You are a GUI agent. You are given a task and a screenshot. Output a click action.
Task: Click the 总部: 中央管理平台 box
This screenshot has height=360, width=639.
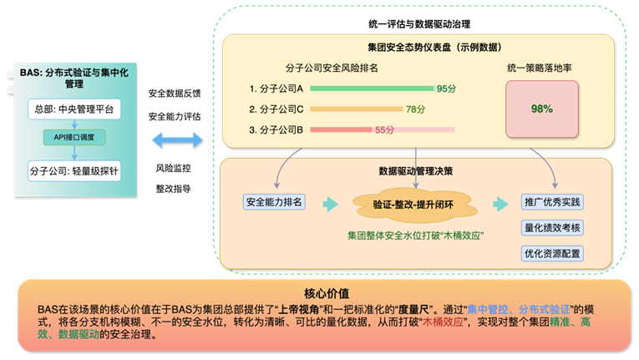click(x=74, y=109)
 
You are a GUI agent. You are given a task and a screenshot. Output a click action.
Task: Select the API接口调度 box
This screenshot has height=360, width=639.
click(x=74, y=135)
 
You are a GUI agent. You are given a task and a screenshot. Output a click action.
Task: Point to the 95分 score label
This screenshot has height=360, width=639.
click(x=446, y=88)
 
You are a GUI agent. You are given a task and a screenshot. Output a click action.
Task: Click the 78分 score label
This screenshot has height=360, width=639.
click(x=416, y=109)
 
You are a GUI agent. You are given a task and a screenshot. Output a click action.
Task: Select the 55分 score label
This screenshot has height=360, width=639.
click(x=384, y=129)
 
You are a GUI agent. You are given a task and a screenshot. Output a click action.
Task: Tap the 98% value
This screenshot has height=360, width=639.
click(x=541, y=109)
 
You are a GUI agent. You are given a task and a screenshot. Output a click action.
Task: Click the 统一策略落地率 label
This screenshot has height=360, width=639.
click(x=539, y=67)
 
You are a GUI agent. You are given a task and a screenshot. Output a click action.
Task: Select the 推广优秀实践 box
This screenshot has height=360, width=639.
click(x=551, y=203)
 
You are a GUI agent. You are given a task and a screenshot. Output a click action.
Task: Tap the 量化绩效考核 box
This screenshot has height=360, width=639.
click(x=551, y=227)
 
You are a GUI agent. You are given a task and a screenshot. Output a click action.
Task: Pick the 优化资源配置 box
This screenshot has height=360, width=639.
click(x=551, y=253)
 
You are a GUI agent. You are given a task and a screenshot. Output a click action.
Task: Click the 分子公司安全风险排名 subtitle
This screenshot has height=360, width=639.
click(x=332, y=67)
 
